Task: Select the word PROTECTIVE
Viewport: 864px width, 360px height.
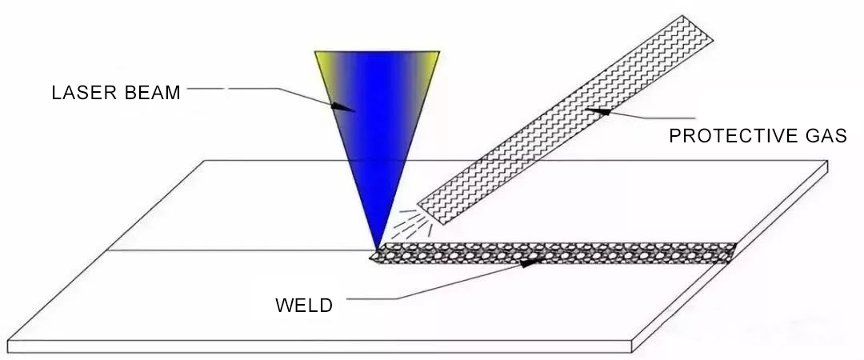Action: [x=725, y=136]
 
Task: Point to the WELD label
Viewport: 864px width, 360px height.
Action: [x=303, y=305]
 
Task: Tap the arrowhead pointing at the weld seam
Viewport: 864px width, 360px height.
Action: [x=528, y=261]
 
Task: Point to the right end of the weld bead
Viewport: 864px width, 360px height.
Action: [x=731, y=252]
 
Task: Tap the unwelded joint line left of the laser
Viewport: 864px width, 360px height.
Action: [x=240, y=250]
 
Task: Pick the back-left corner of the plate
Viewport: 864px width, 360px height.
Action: [x=206, y=161]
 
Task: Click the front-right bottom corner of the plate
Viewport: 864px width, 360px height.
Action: [x=634, y=351]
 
